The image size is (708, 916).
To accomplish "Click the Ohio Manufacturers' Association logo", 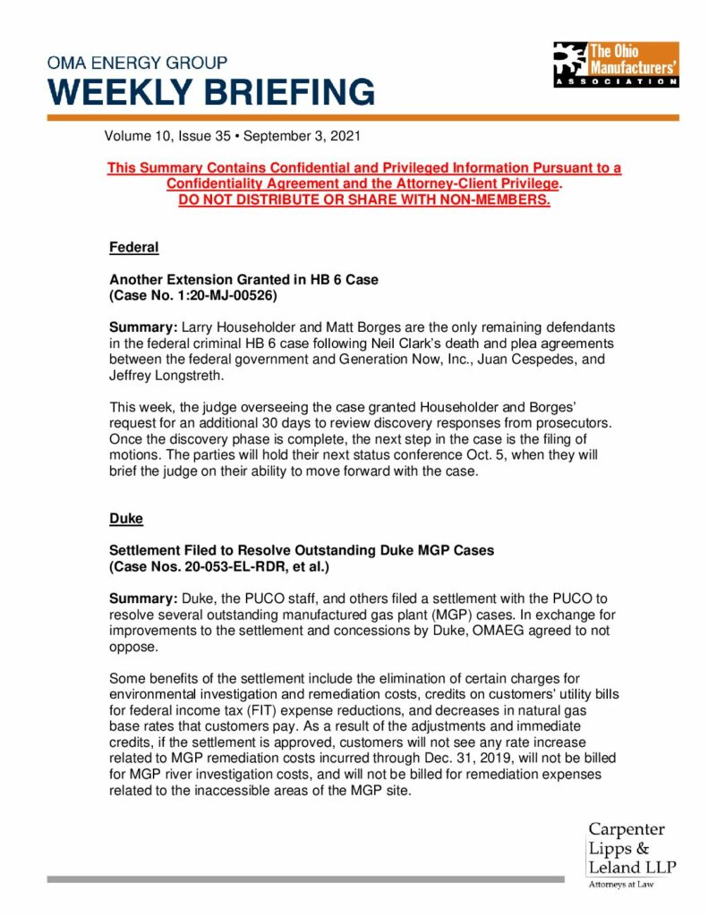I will point(615,64).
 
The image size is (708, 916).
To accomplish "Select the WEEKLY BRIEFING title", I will point(211,92).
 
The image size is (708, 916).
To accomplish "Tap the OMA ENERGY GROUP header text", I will point(137,64).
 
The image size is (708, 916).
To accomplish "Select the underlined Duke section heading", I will point(125,518).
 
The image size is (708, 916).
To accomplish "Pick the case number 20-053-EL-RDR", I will point(245,566).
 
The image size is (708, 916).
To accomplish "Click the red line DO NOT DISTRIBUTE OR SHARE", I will point(363,199).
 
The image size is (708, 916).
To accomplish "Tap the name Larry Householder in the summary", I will point(224,328).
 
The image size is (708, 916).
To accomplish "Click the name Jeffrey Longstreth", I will point(161,377).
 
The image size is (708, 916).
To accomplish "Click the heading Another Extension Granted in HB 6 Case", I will point(243,279).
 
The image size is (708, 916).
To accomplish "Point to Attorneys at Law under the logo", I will point(620,885).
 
